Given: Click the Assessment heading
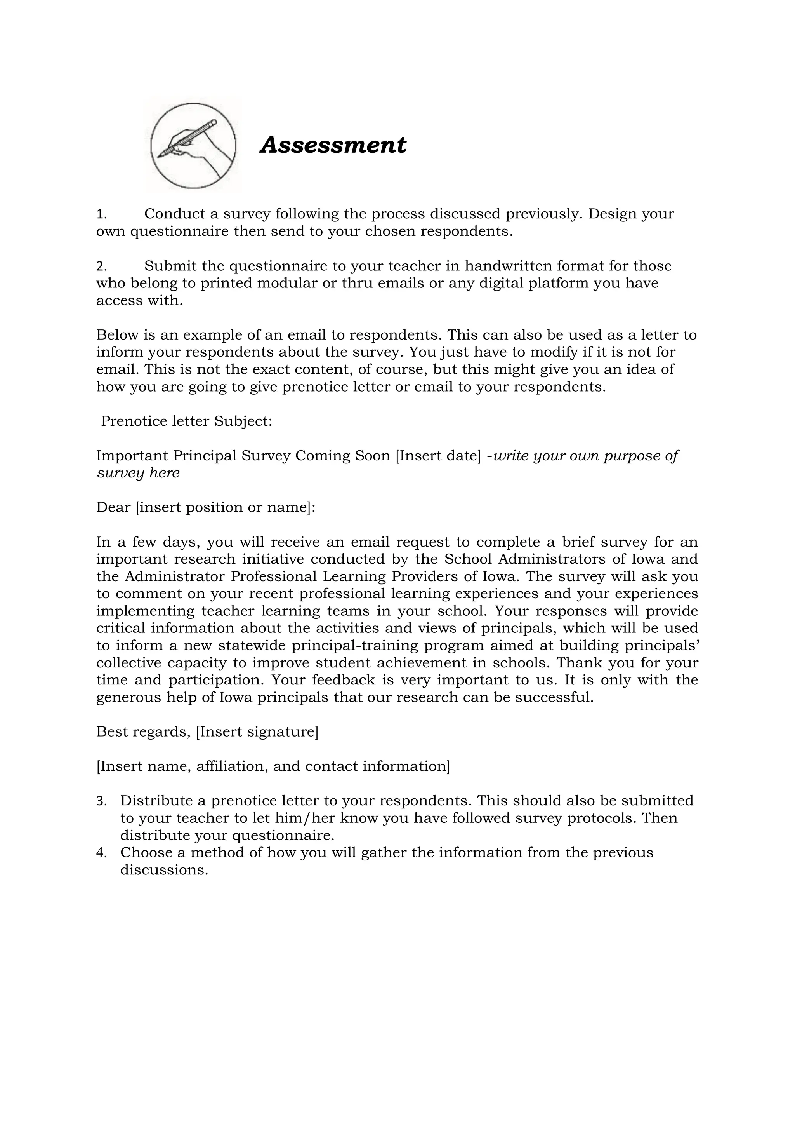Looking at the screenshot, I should [333, 145].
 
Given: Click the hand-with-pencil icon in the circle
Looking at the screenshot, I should [193, 146].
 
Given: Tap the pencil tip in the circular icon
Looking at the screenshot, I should [160, 156].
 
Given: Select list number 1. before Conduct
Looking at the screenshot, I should [101, 214].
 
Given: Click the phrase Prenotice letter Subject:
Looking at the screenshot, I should [186, 421].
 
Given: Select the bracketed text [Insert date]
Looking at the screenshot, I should [438, 456].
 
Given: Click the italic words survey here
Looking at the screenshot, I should [138, 473].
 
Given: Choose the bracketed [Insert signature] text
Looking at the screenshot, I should [257, 731].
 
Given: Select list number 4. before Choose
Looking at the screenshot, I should [101, 853].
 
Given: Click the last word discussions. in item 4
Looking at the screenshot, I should [165, 870].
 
